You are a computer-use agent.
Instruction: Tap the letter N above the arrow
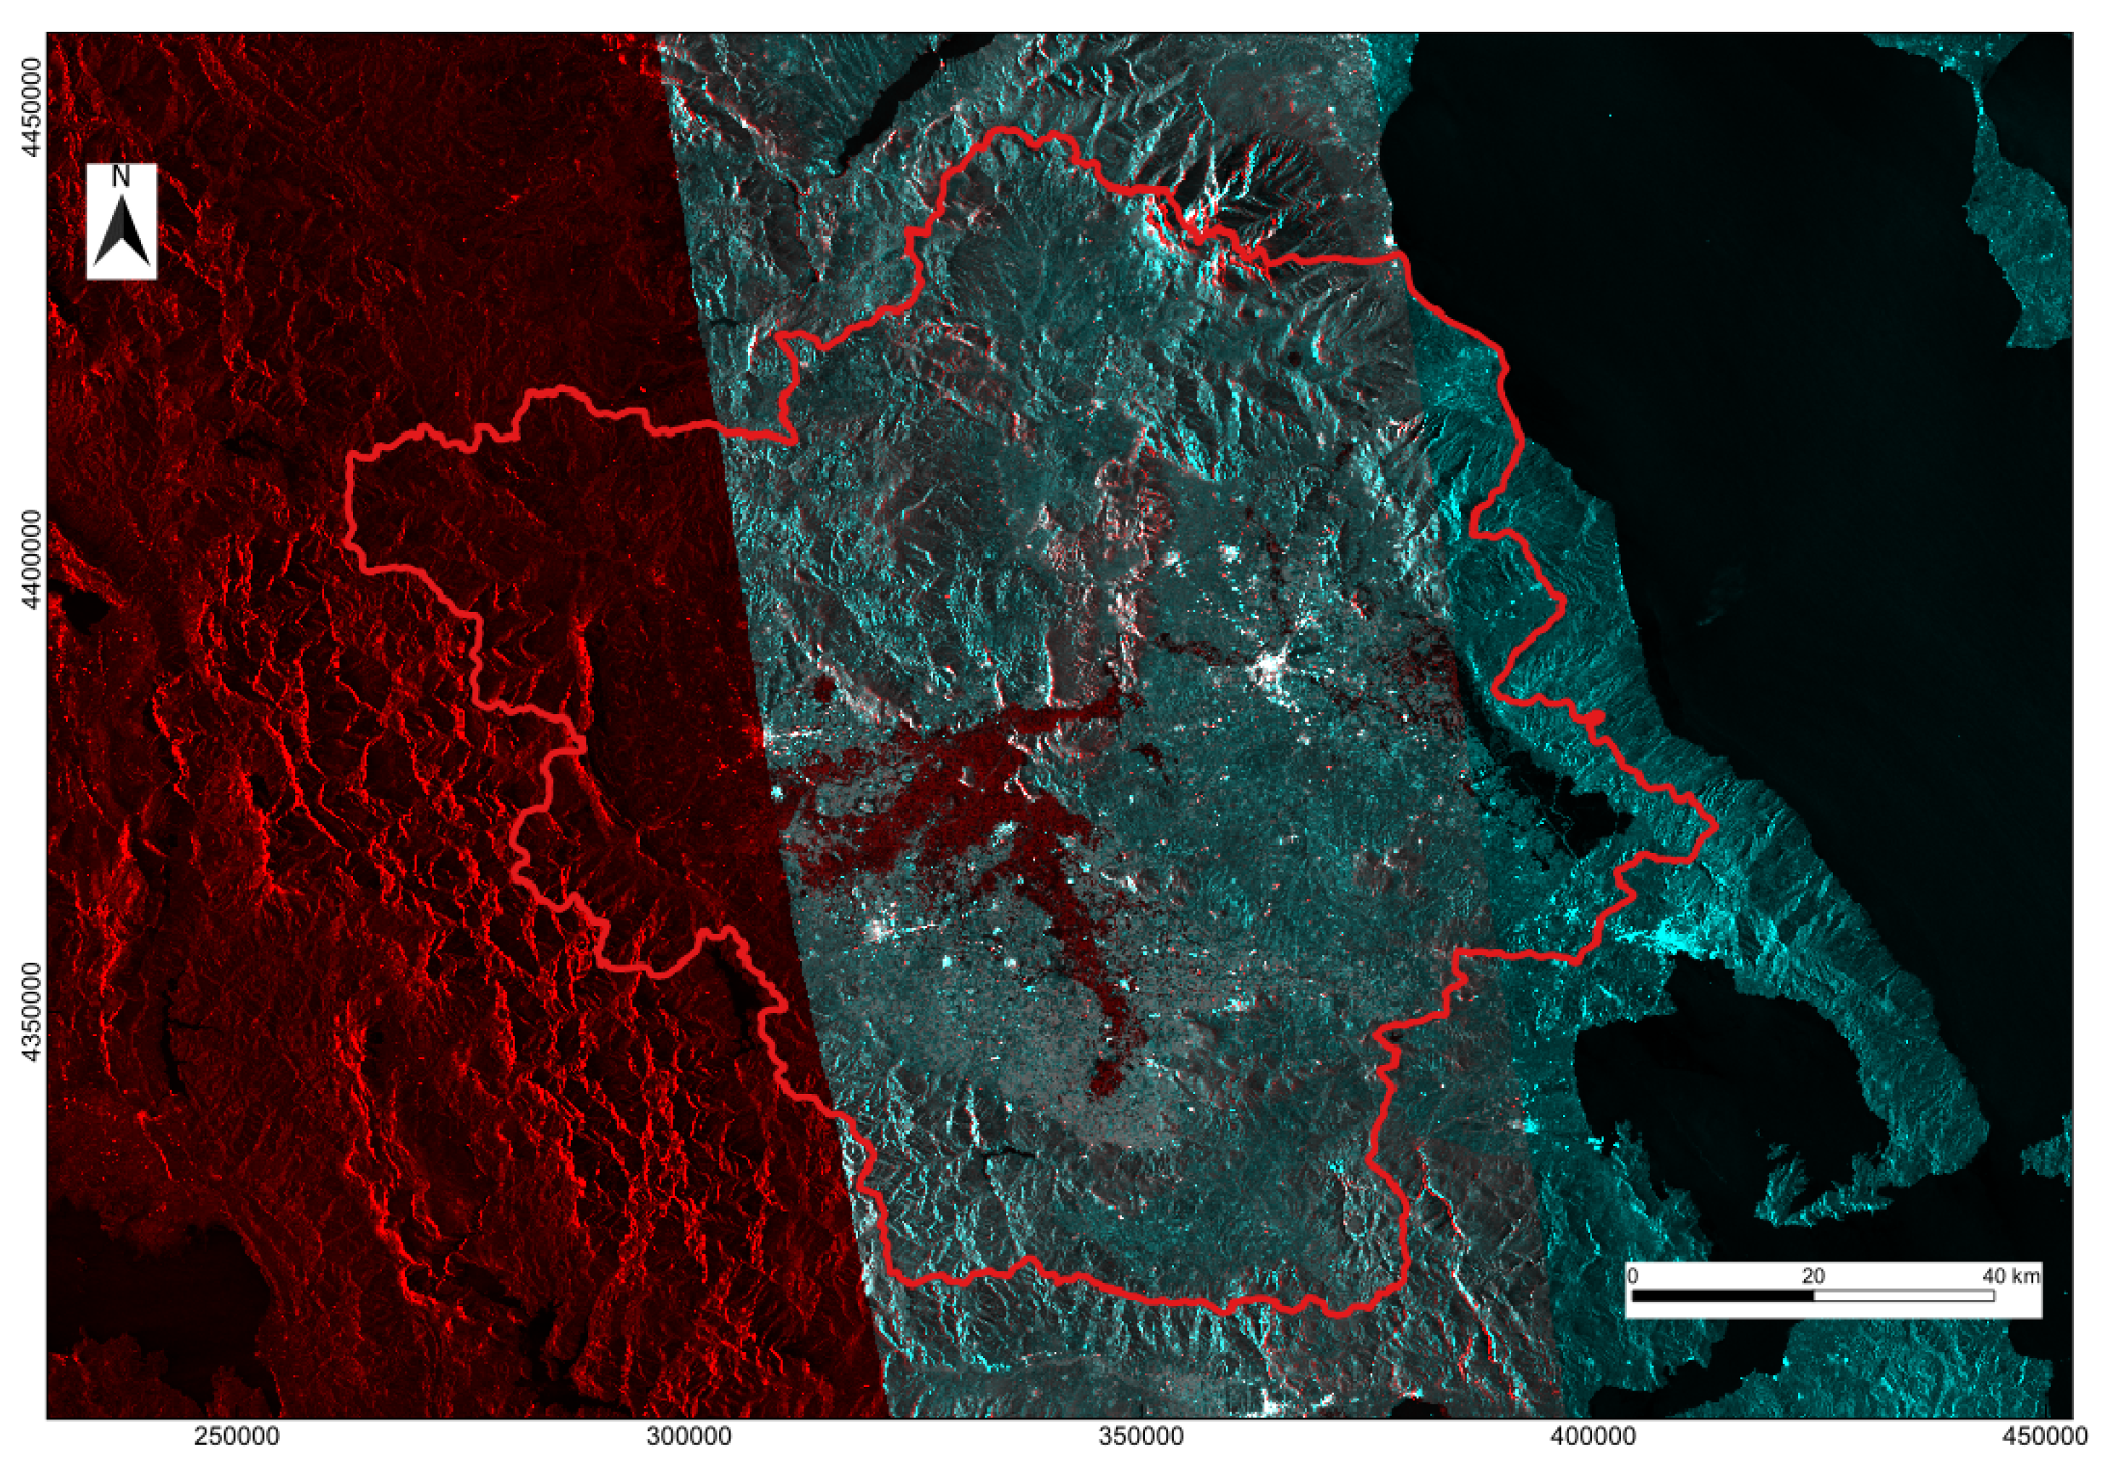tap(121, 176)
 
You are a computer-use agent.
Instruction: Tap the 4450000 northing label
tap(35, 107)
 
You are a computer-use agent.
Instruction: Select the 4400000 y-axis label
tap(35, 559)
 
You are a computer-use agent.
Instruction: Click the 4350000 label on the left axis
tap(35, 1011)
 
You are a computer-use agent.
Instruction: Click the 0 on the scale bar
tap(1633, 1276)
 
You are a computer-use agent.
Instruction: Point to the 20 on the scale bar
tap(1813, 1276)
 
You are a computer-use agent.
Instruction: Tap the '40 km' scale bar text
tap(2012, 1276)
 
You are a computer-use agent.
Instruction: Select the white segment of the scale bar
tap(1903, 1296)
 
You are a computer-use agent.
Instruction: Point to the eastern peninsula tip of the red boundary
tap(1713, 827)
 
